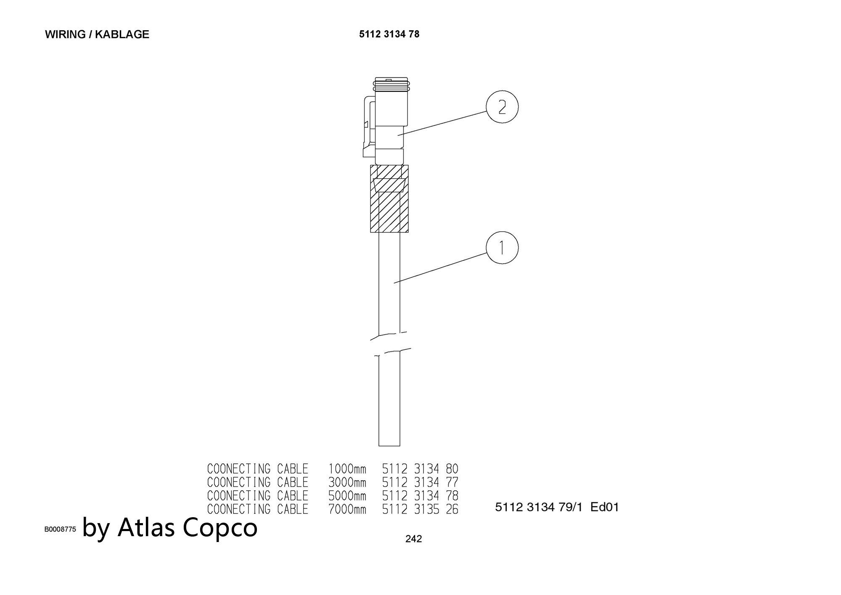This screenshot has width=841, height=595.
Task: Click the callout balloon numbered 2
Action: click(x=502, y=107)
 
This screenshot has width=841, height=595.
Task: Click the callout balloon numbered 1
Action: click(x=502, y=248)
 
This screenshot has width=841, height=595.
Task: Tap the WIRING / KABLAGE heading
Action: click(x=97, y=34)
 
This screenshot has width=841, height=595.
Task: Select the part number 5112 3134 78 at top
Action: click(x=389, y=34)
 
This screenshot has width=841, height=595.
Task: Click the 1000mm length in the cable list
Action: click(x=347, y=469)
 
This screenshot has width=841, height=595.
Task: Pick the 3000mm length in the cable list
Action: click(x=347, y=482)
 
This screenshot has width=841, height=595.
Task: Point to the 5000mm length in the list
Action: click(x=347, y=496)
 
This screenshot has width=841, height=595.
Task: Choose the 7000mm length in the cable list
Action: click(x=347, y=510)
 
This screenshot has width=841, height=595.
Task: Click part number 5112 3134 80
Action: click(x=420, y=469)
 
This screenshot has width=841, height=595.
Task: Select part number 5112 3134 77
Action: click(x=420, y=482)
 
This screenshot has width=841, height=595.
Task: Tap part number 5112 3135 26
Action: click(x=420, y=510)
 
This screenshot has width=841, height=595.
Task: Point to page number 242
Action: click(x=413, y=539)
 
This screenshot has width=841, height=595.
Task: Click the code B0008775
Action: click(x=60, y=529)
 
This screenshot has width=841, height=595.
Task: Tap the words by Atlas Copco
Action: click(x=170, y=527)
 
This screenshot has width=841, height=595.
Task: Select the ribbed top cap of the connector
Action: click(x=391, y=85)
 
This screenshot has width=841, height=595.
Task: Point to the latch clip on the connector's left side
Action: click(x=369, y=126)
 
